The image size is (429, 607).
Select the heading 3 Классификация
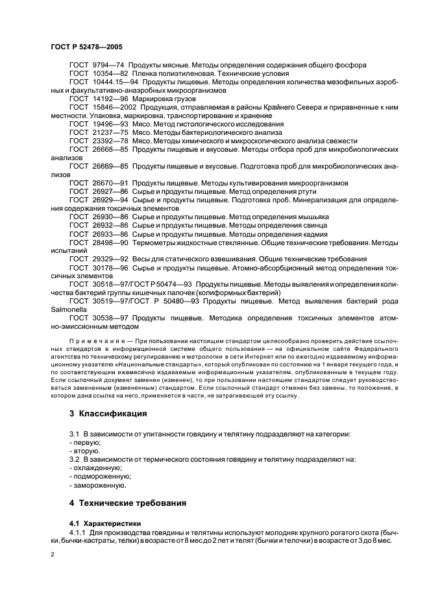pyautogui.click(x=108, y=412)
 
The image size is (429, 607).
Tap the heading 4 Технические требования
pyautogui.click(x=129, y=503)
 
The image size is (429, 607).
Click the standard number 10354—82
pyautogui.click(x=107, y=74)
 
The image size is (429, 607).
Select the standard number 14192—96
pyautogui.click(x=107, y=99)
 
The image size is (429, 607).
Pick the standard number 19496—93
pyautogui.click(x=107, y=124)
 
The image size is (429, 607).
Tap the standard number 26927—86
pyautogui.click(x=107, y=191)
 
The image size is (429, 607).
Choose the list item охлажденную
pyautogui.click(x=97, y=467)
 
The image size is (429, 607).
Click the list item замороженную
pyautogui.click(x=99, y=484)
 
